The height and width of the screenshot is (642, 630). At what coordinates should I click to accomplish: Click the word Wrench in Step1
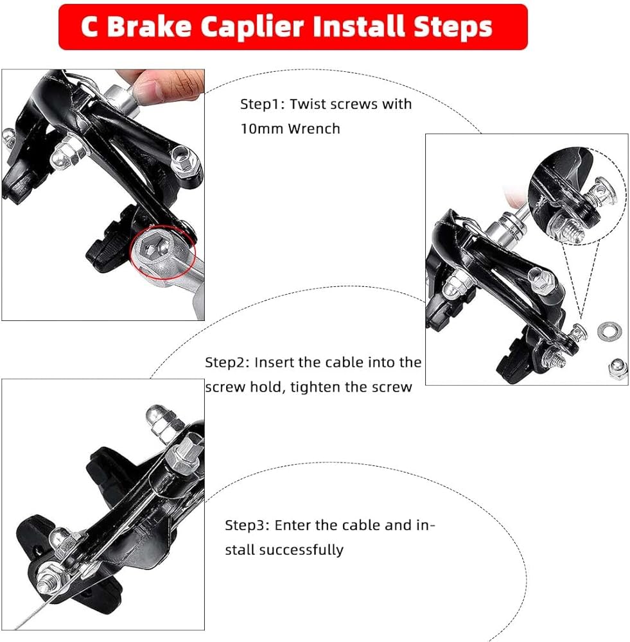pyautogui.click(x=314, y=128)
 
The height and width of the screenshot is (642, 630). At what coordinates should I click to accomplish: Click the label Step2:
pyautogui.click(x=227, y=362)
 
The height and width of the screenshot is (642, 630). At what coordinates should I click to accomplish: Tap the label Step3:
pyautogui.click(x=247, y=525)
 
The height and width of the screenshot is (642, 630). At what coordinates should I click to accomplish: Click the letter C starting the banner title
pyautogui.click(x=90, y=27)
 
